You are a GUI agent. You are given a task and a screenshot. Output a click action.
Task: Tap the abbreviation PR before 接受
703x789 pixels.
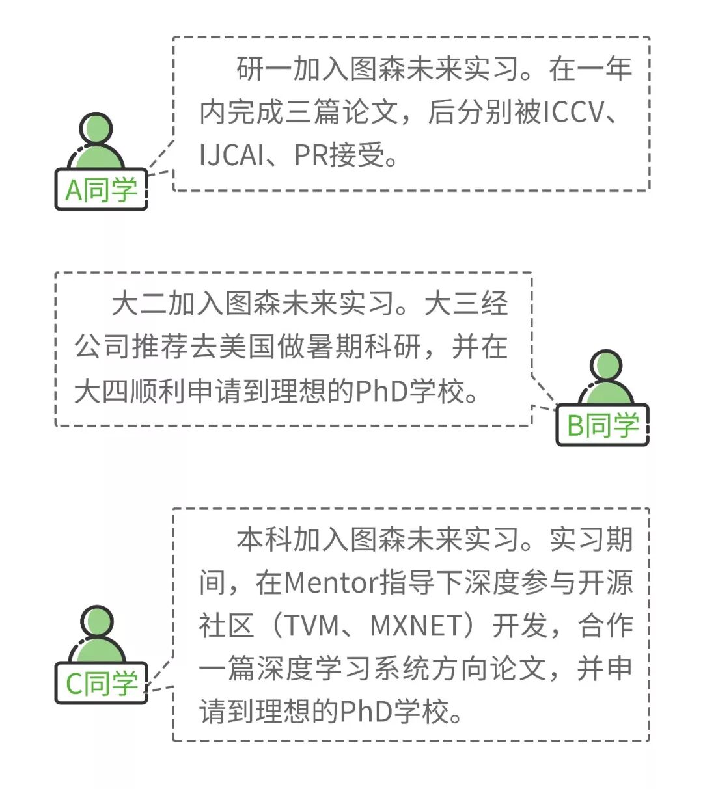[310, 155]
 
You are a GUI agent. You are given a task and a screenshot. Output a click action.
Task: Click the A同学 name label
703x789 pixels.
[101, 190]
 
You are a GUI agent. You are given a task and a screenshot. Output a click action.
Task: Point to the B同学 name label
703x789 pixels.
[602, 425]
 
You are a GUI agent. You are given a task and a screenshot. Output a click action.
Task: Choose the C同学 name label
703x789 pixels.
[101, 683]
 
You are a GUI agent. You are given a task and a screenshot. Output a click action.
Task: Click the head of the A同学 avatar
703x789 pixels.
[96, 128]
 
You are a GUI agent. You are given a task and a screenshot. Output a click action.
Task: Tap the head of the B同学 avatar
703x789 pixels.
[606, 366]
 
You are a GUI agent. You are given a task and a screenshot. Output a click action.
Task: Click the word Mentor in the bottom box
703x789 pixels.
[331, 582]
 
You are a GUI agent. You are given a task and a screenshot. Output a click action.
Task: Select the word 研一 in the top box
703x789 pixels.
[264, 69]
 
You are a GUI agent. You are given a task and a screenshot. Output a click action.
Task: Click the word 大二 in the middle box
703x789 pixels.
[139, 304]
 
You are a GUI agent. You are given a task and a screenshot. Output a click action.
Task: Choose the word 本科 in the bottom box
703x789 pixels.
[264, 539]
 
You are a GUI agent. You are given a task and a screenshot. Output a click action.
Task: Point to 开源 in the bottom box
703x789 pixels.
[605, 582]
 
